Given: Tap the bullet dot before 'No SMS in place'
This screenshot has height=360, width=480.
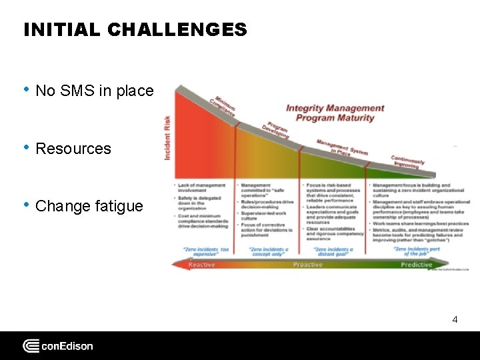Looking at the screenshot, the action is (26, 90).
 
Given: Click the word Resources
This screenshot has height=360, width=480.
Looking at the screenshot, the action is (73, 149).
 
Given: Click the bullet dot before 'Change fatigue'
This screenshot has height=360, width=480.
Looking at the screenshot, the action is (26, 205).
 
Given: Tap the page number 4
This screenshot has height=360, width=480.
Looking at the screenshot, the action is (455, 319).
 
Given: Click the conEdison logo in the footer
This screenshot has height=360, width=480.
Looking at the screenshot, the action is (58, 346).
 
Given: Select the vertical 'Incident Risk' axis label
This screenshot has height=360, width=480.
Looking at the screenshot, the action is (167, 137).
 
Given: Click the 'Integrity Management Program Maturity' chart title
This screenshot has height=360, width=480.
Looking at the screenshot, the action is (335, 113).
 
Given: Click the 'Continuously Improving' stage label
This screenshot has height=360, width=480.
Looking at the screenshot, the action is (408, 161).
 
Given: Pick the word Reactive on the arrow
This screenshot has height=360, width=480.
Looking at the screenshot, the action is (201, 265).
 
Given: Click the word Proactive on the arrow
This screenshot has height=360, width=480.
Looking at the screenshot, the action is (308, 265).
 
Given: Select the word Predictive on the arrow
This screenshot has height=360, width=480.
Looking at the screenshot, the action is (416, 265).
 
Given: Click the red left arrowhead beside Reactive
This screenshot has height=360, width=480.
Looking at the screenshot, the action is (177, 265).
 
